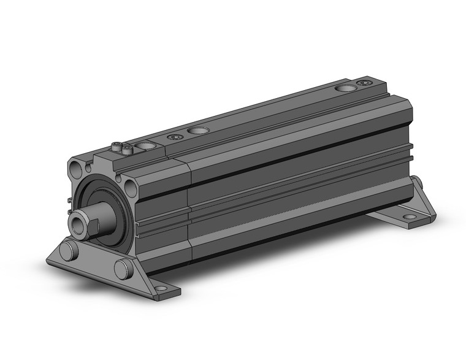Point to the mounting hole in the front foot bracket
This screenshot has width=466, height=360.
[x=161, y=287]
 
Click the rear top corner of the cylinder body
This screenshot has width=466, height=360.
[x=379, y=79]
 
